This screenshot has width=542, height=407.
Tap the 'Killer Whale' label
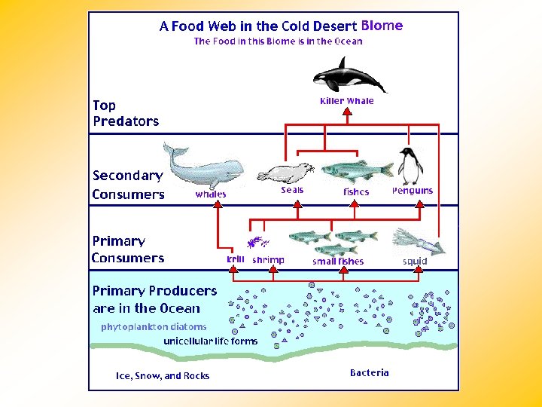(x=347, y=101)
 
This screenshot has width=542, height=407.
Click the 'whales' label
(x=211, y=194)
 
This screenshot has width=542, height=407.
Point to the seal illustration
(x=285, y=174)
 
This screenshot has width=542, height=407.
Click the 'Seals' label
(x=292, y=190)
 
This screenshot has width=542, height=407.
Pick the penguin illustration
(x=410, y=166)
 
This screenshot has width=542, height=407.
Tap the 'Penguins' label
(x=413, y=191)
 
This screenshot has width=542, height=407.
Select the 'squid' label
(x=415, y=262)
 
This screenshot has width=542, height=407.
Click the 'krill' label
(x=236, y=259)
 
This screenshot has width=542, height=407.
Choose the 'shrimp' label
(x=269, y=260)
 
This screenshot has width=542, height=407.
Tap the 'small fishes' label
(x=338, y=262)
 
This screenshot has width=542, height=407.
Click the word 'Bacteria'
(x=370, y=372)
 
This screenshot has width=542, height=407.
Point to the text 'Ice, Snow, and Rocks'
(x=163, y=375)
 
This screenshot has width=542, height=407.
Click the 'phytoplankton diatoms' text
(x=154, y=327)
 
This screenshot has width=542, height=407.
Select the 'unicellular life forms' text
(x=211, y=341)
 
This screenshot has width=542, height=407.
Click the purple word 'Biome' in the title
(x=382, y=25)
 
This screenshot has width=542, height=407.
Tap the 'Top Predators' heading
(x=126, y=113)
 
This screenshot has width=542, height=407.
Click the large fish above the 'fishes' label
(x=357, y=171)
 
